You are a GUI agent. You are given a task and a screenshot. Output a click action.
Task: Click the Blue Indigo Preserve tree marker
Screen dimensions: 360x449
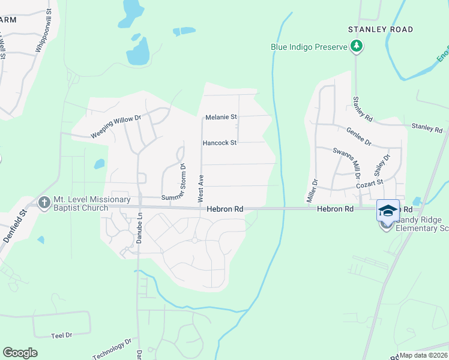click(x=357, y=46)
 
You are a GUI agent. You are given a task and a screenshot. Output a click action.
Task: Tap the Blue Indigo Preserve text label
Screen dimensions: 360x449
click(x=309, y=46)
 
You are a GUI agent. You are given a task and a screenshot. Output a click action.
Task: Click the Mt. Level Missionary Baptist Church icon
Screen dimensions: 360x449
click(x=44, y=203)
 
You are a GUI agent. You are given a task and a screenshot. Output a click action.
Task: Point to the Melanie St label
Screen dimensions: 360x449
click(x=221, y=117)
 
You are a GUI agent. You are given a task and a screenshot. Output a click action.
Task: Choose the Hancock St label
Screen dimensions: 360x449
click(x=220, y=143)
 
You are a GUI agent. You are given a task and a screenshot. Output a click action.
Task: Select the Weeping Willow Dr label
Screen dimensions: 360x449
click(x=115, y=127)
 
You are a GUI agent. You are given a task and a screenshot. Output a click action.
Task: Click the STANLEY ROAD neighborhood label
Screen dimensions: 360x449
click(x=381, y=29)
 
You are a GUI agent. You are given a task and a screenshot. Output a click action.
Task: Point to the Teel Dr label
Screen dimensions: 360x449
click(x=61, y=335)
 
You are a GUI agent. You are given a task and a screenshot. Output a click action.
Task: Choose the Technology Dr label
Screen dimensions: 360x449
click(x=112, y=350)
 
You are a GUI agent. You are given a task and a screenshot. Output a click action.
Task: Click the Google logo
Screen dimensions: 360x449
click(x=20, y=353)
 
